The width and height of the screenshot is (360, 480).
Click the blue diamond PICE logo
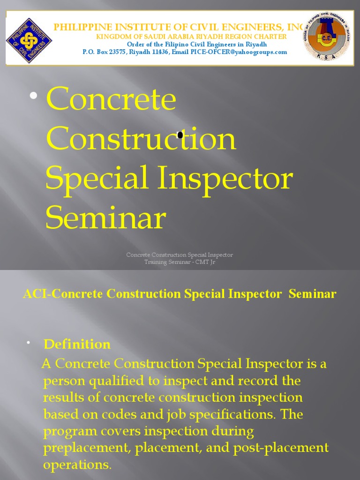(29, 40)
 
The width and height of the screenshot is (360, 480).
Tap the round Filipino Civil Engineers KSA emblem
(326, 37)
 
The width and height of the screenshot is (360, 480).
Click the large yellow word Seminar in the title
(106, 218)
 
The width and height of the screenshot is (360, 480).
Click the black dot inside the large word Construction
(180, 135)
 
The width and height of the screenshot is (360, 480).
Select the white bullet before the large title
(33, 96)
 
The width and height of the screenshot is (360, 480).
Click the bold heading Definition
(77, 345)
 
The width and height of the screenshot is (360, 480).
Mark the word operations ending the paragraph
(77, 465)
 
